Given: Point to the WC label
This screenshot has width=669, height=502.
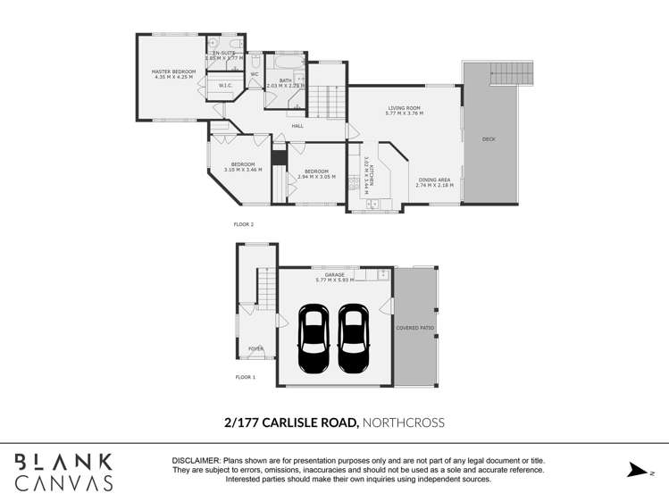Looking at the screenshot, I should [x=254, y=74].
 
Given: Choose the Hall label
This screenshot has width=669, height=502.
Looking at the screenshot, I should [x=297, y=126].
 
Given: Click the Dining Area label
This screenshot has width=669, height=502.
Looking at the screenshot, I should [x=435, y=182].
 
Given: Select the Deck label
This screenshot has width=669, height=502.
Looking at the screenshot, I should [x=489, y=139].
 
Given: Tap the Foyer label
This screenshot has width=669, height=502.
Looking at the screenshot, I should [x=255, y=348].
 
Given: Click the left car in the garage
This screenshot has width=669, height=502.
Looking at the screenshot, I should [x=314, y=339].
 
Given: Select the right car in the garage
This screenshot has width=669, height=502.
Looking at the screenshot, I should [x=354, y=339].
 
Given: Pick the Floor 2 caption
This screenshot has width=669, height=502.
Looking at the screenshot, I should [x=244, y=224].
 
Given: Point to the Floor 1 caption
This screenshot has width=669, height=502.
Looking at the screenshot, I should [x=245, y=378].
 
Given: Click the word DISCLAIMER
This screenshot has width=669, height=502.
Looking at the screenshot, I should [x=197, y=460].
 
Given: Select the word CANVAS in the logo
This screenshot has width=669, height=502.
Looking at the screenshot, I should [x=64, y=484].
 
